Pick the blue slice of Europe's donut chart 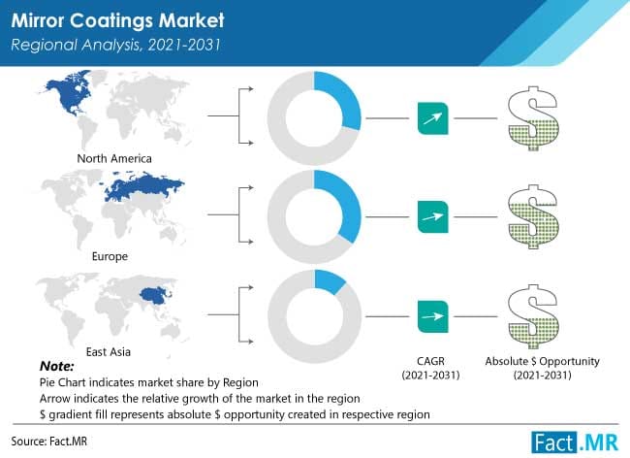pos(342,205)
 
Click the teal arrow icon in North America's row pos(431,120)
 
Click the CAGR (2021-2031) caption pos(431,368)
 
